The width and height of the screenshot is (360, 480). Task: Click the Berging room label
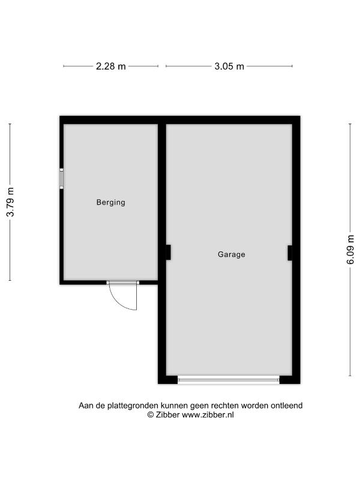[111, 202]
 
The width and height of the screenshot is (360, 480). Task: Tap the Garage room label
[232, 254]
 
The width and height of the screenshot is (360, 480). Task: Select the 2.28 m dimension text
[111, 67]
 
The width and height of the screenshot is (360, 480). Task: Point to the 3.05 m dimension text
[229, 67]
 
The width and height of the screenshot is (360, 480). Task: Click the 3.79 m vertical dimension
[10, 202]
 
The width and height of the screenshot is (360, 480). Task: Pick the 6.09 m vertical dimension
[350, 250]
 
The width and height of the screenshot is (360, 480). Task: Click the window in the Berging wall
[62, 178]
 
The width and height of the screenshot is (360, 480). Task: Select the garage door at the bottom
[229, 380]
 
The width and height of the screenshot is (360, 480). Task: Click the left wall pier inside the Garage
[169, 253]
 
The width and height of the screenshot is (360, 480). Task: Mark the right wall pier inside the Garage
[290, 253]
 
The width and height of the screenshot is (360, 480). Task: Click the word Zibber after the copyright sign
[168, 415]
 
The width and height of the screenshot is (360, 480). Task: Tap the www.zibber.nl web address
[208, 415]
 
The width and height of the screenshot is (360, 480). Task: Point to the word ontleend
[287, 406]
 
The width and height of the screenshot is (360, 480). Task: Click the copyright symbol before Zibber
[151, 415]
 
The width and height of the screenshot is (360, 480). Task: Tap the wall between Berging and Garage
[162, 202]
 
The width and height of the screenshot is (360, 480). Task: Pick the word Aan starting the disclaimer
[85, 406]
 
